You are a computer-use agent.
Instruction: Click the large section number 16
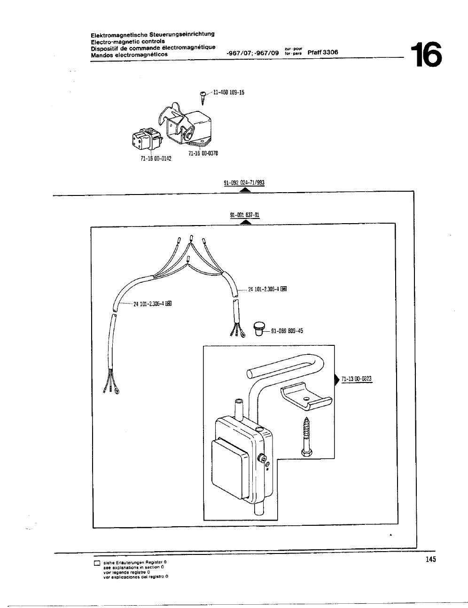click(x=426, y=55)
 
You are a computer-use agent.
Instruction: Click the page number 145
click(x=430, y=559)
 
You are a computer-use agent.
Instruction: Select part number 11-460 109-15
click(x=229, y=93)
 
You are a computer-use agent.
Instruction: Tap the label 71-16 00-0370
click(x=203, y=153)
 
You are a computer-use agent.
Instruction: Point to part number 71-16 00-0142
click(x=156, y=158)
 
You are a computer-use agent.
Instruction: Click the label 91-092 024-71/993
click(x=244, y=183)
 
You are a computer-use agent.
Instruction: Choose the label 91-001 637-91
click(x=244, y=215)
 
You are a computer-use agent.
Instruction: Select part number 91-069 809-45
click(x=287, y=331)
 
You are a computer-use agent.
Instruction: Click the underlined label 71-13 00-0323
click(x=357, y=379)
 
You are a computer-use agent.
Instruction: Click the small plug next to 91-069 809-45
click(x=259, y=328)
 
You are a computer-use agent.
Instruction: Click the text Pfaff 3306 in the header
click(x=323, y=53)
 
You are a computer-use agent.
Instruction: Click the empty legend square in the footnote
click(x=97, y=563)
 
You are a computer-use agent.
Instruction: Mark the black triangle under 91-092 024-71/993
click(x=244, y=190)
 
